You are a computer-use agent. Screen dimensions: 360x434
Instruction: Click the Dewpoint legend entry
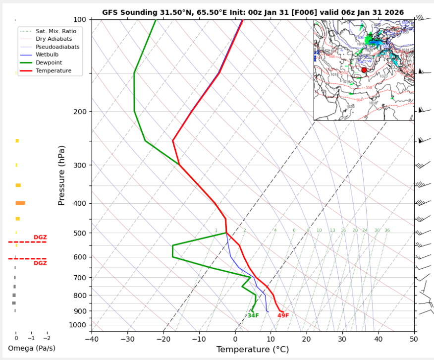click(x=50, y=63)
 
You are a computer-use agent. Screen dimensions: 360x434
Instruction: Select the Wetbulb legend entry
click(x=48, y=55)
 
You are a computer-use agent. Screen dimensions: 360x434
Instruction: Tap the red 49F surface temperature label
click(x=283, y=316)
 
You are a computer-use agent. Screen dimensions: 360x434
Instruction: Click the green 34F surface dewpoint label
click(x=253, y=316)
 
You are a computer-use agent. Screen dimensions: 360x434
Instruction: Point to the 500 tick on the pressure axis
click(x=80, y=233)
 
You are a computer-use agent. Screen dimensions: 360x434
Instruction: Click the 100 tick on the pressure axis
click(x=80, y=19)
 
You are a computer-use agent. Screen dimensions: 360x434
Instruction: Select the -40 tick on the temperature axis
click(x=92, y=339)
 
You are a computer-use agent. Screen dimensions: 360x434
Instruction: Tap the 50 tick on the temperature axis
click(x=414, y=339)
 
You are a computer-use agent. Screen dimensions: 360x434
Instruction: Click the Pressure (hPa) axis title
click(x=61, y=176)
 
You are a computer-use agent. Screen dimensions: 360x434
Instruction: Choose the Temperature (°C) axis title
click(x=253, y=350)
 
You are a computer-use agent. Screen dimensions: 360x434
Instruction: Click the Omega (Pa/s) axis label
click(x=31, y=349)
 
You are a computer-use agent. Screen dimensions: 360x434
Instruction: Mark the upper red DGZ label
click(x=40, y=238)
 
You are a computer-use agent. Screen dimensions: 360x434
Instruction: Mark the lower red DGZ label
click(x=40, y=263)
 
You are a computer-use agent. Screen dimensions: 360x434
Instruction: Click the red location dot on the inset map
click(x=364, y=70)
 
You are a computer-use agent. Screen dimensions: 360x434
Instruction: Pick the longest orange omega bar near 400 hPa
click(x=20, y=203)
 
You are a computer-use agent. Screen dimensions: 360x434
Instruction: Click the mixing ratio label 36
click(x=387, y=231)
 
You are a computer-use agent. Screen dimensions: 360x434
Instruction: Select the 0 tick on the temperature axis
click(x=235, y=339)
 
